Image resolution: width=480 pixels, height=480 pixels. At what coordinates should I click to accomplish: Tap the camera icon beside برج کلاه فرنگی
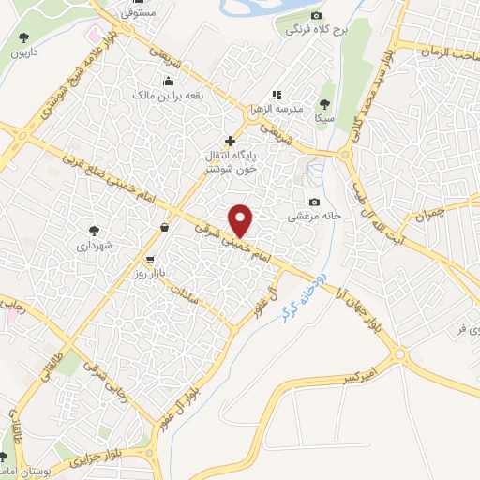click(x=316, y=16)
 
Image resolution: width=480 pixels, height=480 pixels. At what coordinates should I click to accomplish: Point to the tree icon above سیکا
click(x=325, y=105)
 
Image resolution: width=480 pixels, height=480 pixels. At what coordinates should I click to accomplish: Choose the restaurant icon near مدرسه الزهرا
click(x=276, y=96)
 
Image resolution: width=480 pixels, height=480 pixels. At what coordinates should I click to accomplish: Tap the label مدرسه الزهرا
click(x=276, y=110)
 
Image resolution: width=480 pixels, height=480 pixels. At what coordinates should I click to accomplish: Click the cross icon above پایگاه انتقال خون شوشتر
click(x=231, y=141)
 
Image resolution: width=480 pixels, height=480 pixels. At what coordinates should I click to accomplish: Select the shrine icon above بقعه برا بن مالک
click(x=168, y=80)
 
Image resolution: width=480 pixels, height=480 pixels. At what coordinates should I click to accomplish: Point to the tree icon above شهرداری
click(x=94, y=230)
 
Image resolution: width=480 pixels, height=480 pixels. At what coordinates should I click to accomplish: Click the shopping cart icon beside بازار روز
click(x=150, y=259)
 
